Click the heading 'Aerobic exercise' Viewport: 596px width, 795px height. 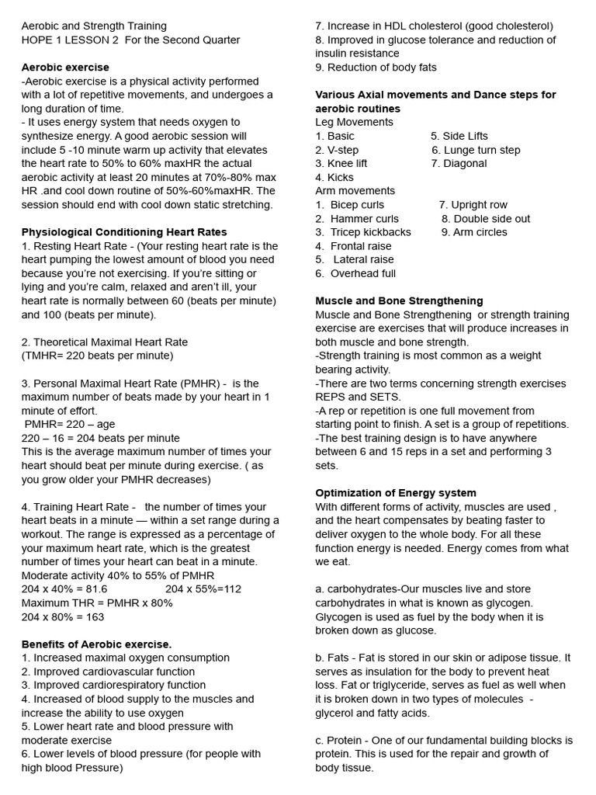coord(65,68)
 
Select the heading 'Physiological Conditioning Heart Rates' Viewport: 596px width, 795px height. coord(124,232)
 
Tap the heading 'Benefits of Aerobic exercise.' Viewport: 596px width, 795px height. coord(96,644)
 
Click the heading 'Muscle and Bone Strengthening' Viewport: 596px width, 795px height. coord(399,301)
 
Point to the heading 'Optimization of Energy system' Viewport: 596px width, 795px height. coord(396,493)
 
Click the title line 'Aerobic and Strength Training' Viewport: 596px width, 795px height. coord(94,26)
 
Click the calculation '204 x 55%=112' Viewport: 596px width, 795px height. coord(203,589)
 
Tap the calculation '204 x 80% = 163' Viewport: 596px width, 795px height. coord(63,617)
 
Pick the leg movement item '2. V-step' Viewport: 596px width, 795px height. coord(337,150)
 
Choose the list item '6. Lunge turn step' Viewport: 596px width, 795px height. coord(476,150)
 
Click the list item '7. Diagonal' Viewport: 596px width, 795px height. coord(459,164)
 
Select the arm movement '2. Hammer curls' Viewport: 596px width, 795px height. coord(357,219)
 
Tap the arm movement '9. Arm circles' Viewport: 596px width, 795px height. coord(474,232)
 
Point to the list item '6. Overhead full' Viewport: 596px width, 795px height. coord(355,273)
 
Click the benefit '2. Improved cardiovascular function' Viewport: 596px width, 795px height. coord(108,672)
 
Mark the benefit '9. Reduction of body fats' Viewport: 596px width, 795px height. coord(376,68)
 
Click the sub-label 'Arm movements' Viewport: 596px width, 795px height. coord(355,191)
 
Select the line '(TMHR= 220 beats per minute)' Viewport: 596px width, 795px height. coord(97,356)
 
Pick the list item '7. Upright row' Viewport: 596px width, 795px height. coord(473,205)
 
